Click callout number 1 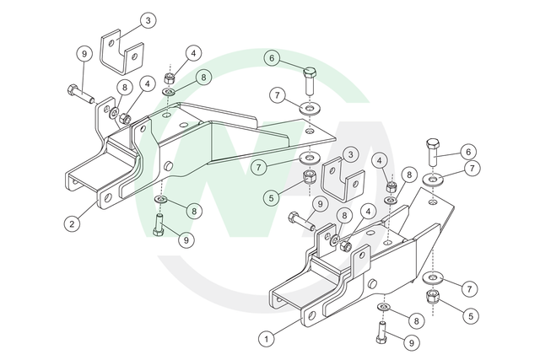click(267, 339)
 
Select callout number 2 click(72, 224)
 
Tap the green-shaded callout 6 click(272, 58)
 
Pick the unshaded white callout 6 click(468, 152)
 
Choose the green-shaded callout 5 click(272, 198)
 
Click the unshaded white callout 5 click(471, 315)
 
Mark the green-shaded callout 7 click(259, 168)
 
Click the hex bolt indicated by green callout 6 click(310, 81)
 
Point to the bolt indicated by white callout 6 click(433, 152)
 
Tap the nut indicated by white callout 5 click(432, 296)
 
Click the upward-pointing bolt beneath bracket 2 click(159, 225)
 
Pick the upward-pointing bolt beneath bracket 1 click(381, 332)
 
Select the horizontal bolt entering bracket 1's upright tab click(302, 221)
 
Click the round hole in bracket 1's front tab click(311, 315)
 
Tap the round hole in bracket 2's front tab click(108, 198)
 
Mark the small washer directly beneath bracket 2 click(161, 199)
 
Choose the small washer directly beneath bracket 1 click(385, 306)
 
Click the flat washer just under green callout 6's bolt click(310, 109)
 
